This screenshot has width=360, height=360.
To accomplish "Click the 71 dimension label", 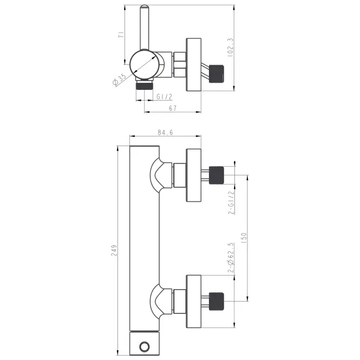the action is pyautogui.click(x=121, y=35).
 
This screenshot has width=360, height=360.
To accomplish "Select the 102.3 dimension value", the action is pyautogui.click(x=230, y=48).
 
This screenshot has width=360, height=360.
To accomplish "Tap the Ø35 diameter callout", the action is pyautogui.click(x=120, y=79).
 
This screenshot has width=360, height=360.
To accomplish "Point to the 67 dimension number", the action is pyautogui.click(x=173, y=108).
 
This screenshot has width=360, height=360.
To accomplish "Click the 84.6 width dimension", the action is pyautogui.click(x=165, y=133).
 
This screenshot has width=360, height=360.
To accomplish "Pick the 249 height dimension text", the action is pyautogui.click(x=114, y=251).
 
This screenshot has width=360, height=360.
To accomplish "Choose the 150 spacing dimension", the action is pyautogui.click(x=244, y=238).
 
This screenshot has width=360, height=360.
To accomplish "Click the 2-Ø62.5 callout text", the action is pyautogui.click(x=231, y=258).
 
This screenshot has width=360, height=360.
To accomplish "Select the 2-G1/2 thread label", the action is pyautogui.click(x=232, y=202).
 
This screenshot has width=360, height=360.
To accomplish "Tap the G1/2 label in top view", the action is pyautogui.click(x=165, y=97).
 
